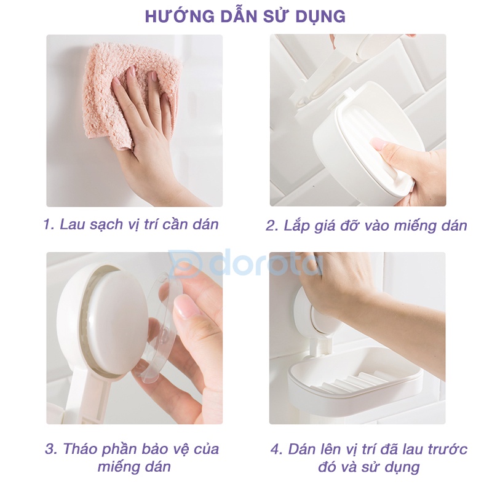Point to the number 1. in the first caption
point(49,224)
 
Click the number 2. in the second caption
point(272,226)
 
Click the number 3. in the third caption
point(52,449)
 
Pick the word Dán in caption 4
point(302,449)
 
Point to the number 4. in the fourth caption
point(277,450)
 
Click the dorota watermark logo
point(245,263)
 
